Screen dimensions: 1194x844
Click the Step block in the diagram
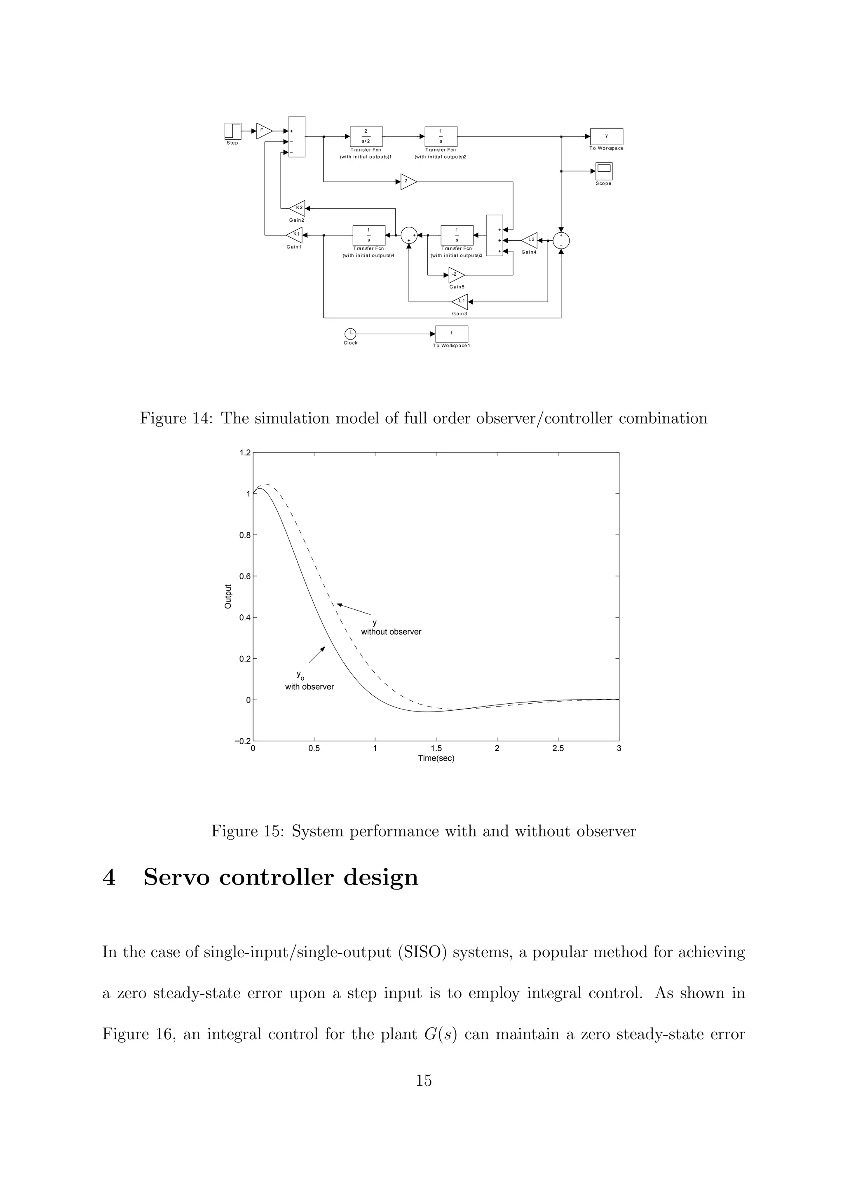pyautogui.click(x=232, y=131)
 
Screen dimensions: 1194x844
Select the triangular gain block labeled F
pyautogui.click(x=264, y=131)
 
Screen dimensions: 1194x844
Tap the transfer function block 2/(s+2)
pyautogui.click(x=366, y=136)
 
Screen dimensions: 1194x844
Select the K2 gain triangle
pyautogui.click(x=298, y=208)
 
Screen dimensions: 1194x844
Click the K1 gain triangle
pyautogui.click(x=295, y=234)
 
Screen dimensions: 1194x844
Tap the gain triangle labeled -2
pyautogui.click(x=455, y=274)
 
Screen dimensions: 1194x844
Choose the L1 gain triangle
pyautogui.click(x=460, y=301)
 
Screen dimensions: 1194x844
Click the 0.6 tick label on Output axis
pyautogui.click(x=244, y=576)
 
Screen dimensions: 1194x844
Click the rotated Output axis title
pyautogui.click(x=228, y=597)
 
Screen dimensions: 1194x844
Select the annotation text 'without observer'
pyautogui.click(x=391, y=632)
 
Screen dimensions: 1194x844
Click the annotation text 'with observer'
pyautogui.click(x=309, y=687)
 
